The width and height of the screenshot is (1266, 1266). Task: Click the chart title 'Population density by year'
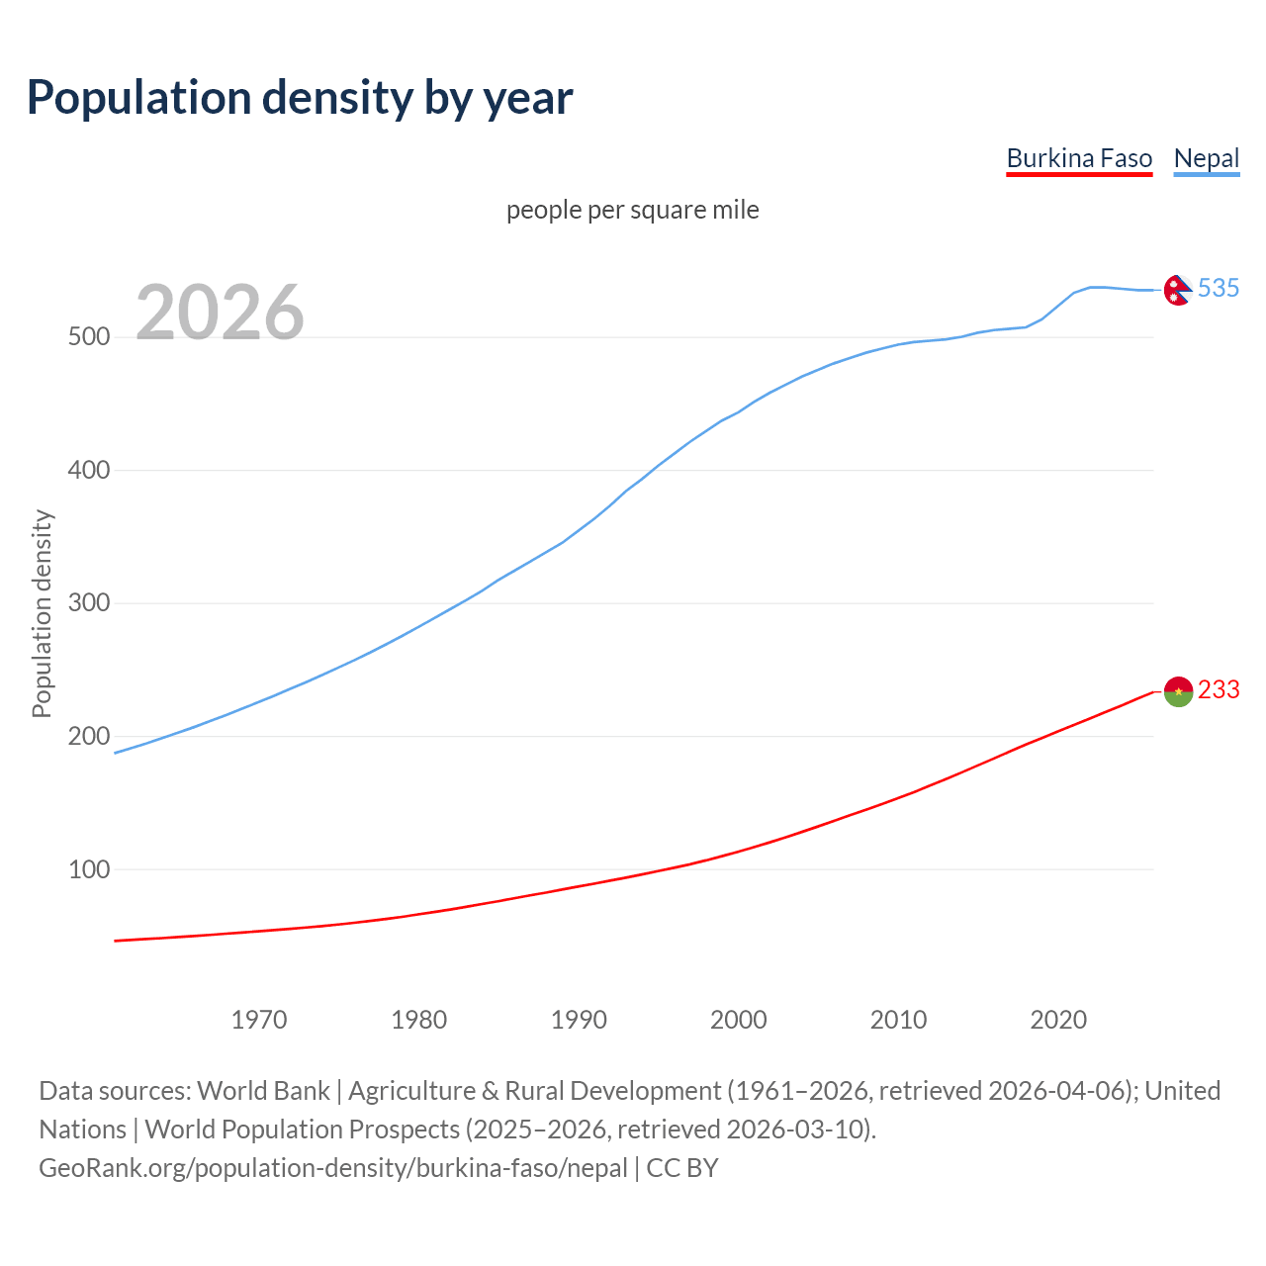tap(300, 98)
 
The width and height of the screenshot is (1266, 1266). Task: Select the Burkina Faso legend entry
tap(1079, 158)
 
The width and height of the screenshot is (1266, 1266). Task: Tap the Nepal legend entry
tap(1206, 158)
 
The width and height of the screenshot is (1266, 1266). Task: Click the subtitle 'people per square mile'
tap(632, 211)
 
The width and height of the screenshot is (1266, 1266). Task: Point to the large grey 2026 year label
tap(220, 313)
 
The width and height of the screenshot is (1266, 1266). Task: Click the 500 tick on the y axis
tap(88, 337)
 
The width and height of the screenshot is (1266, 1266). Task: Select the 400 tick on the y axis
tap(88, 470)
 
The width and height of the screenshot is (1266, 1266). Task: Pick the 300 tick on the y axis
tap(88, 603)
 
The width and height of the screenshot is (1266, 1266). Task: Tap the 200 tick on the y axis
tap(88, 737)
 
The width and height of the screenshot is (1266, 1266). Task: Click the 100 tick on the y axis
tap(88, 869)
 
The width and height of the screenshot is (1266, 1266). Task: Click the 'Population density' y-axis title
tap(42, 613)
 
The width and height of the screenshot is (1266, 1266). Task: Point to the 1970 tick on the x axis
tap(259, 1020)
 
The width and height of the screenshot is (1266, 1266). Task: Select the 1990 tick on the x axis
tap(579, 1020)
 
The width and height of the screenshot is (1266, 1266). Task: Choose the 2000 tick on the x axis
tap(739, 1020)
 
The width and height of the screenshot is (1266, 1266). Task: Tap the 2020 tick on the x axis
tap(1058, 1020)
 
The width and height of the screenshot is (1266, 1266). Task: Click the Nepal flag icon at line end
tap(1177, 290)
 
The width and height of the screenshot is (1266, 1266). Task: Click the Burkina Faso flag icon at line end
tap(1178, 691)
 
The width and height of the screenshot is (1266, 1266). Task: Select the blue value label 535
tap(1219, 288)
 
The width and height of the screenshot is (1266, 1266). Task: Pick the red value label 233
tap(1219, 689)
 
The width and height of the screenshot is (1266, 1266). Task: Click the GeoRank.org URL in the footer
tap(333, 1168)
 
